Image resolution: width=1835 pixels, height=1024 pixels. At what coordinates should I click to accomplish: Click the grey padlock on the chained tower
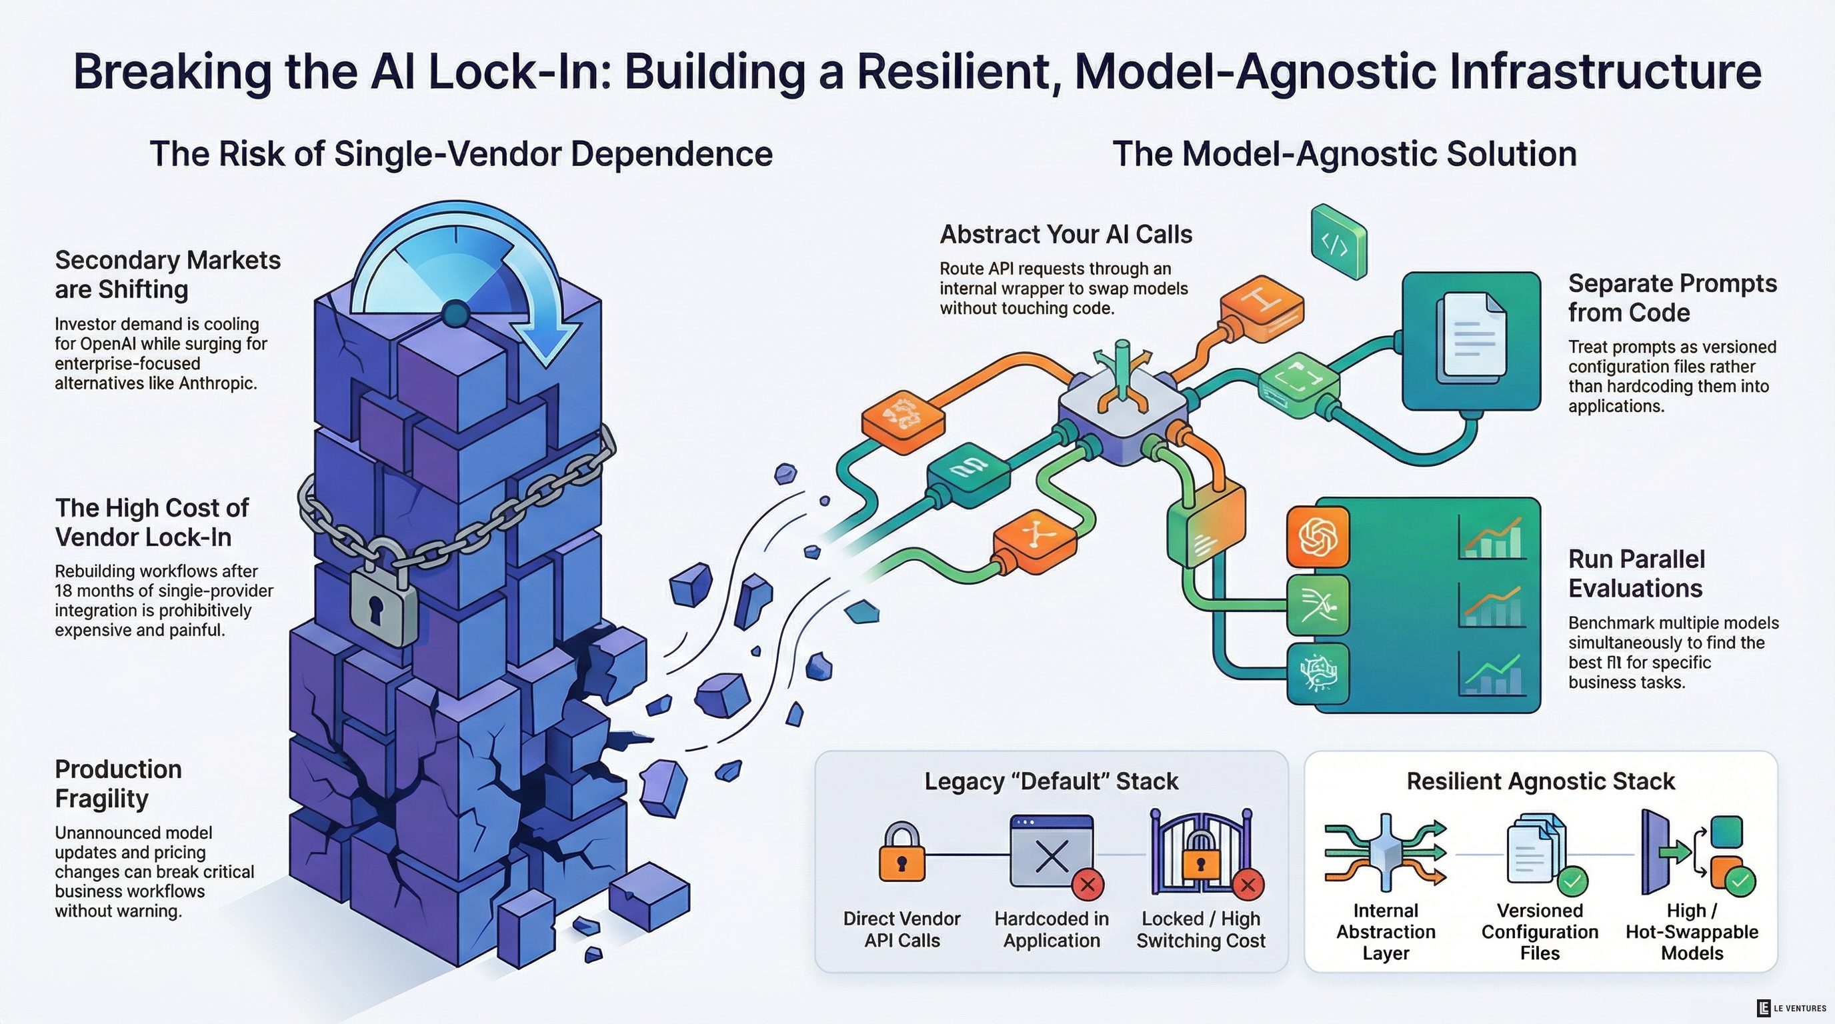coord(383,601)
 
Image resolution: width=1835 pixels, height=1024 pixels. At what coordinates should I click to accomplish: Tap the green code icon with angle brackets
coord(1338,242)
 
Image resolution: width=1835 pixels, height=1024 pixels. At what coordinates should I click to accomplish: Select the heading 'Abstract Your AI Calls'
coord(1066,234)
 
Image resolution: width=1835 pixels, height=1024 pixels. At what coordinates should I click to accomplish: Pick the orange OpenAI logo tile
coord(1318,537)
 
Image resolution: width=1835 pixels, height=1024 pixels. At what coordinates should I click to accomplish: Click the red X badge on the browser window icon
coord(1088,885)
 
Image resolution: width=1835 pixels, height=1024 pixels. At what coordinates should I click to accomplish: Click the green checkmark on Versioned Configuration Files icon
coord(1572,881)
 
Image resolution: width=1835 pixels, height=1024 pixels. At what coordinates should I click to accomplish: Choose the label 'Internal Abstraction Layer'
coord(1386,931)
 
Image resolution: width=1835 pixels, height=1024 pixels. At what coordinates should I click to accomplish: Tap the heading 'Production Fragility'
coord(118,783)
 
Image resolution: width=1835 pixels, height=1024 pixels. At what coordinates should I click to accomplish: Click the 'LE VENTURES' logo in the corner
coord(1791,1007)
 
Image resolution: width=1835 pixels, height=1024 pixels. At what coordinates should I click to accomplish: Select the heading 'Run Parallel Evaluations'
coord(1636,574)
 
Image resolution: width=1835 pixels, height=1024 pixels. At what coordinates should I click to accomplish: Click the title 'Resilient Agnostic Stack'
coord(1540,781)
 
